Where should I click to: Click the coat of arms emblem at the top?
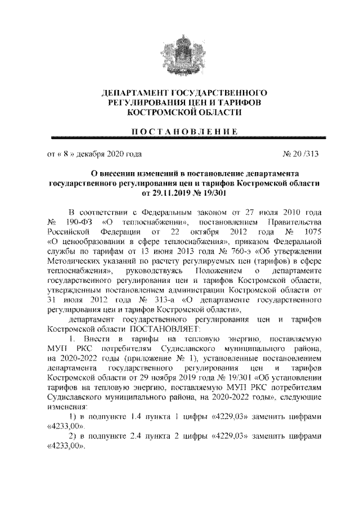click(x=180, y=49)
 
